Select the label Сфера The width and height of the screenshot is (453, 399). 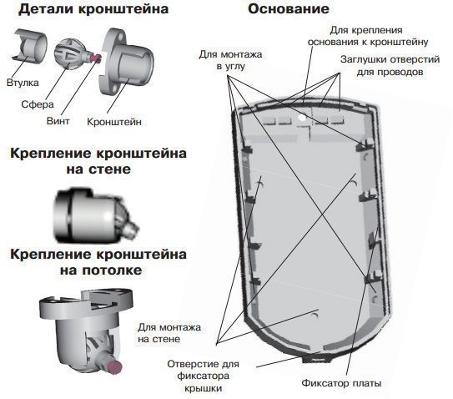(38, 105)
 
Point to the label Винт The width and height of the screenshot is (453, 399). (59, 121)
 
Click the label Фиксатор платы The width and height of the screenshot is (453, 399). (341, 384)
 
